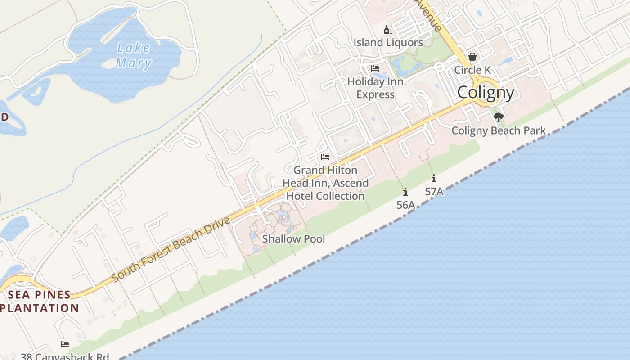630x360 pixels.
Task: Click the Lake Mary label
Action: click(134, 55)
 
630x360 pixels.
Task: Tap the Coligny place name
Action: click(486, 93)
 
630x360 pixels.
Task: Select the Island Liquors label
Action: click(388, 43)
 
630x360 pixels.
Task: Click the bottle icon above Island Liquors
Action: click(388, 31)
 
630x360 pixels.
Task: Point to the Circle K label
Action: click(472, 70)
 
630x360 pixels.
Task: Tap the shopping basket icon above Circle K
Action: click(472, 57)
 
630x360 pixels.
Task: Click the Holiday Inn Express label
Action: click(375, 88)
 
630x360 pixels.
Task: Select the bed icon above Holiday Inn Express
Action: click(375, 68)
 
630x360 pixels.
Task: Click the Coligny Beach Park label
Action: click(498, 131)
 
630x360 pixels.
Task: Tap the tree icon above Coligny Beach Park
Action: click(498, 117)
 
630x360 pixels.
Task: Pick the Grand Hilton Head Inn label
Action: click(325, 183)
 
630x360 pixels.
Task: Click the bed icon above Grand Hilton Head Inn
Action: click(325, 157)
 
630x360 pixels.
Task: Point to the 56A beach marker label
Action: click(405, 205)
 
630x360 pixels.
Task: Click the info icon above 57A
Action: click(434, 178)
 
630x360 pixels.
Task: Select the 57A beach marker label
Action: click(434, 192)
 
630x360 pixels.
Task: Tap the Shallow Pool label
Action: click(293, 239)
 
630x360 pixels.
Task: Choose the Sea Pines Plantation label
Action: click(40, 301)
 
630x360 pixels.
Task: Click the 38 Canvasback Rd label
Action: click(65, 356)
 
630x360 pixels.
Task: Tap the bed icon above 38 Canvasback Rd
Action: click(65, 344)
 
